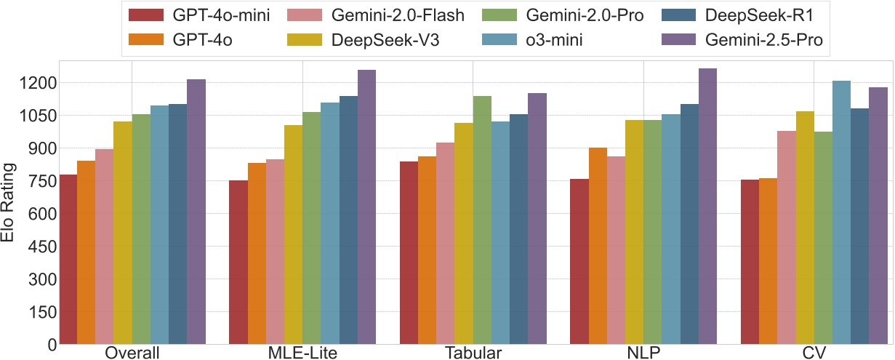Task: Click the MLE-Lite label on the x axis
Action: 301,353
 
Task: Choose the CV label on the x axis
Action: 814,353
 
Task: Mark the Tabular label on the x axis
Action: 472,353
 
